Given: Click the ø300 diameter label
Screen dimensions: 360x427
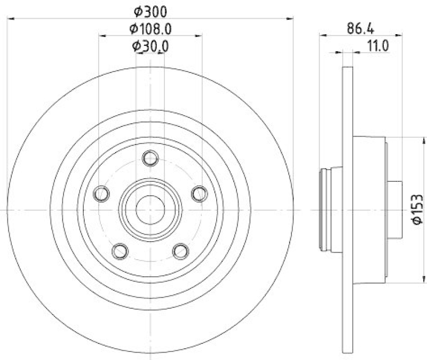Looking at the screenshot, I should pos(151,10).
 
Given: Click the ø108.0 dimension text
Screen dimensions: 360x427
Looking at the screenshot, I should pos(151,28).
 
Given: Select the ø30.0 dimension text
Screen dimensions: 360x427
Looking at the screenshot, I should pos(151,46).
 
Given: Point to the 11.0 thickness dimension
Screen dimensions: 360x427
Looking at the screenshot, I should pos(377,46).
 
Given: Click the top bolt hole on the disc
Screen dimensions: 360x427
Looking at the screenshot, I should pos(151,158).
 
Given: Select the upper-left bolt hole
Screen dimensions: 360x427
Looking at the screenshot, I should pos(100,194).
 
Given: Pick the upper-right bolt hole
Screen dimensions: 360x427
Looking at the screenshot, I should pos(200,194).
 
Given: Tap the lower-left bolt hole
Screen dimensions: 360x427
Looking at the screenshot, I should pos(120,251).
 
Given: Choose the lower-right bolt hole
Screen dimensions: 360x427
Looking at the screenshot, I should pos(181,251).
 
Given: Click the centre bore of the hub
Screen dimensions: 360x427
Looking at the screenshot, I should pos(150,210).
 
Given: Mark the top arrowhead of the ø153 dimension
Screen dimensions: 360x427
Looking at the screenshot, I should pos(424,140).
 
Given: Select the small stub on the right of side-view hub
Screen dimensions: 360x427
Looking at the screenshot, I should pos(394,210).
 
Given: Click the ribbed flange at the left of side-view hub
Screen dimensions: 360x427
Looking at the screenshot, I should pos(324,210).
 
